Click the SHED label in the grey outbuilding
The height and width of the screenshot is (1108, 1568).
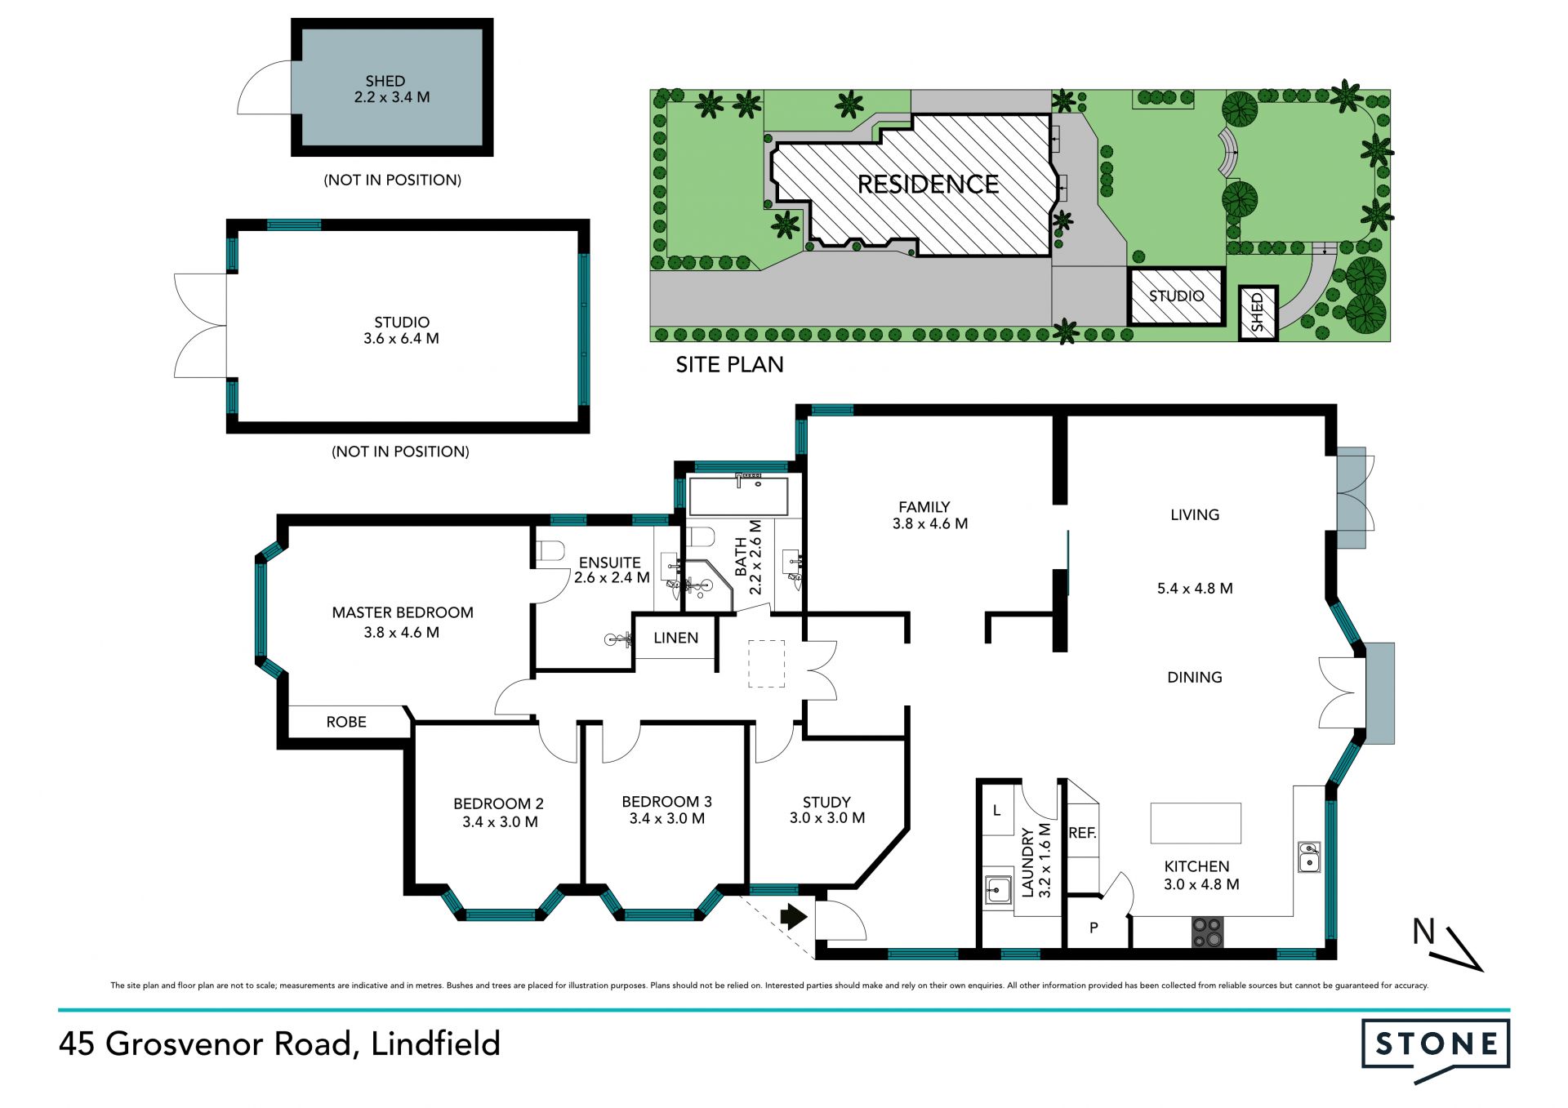coord(391,89)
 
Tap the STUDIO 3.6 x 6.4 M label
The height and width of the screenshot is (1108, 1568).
coord(401,330)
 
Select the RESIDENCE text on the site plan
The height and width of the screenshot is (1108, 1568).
coord(928,185)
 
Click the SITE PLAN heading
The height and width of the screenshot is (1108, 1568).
coord(729,364)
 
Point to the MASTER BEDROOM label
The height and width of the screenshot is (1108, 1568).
coord(402,622)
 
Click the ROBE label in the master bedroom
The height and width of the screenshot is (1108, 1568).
coord(346,722)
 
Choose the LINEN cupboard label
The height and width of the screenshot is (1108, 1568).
coord(676,638)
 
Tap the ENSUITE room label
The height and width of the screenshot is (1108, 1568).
coord(611,570)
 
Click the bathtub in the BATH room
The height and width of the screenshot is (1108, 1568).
coord(738,495)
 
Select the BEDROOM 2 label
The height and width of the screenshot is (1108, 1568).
coord(499,812)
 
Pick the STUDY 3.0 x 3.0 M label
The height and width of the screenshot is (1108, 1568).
coord(827,810)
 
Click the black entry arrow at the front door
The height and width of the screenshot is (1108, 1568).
coord(794,916)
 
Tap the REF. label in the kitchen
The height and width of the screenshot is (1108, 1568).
coord(1083,833)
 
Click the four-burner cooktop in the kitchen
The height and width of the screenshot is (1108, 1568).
coord(1207,933)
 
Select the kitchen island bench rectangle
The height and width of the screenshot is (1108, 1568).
coord(1196,823)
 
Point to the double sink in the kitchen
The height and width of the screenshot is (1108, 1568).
coord(1309,857)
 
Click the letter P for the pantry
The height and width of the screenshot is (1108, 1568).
coord(1094,928)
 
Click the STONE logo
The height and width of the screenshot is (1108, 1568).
coord(1436,1050)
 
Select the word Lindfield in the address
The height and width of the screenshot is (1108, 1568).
coord(435,1044)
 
